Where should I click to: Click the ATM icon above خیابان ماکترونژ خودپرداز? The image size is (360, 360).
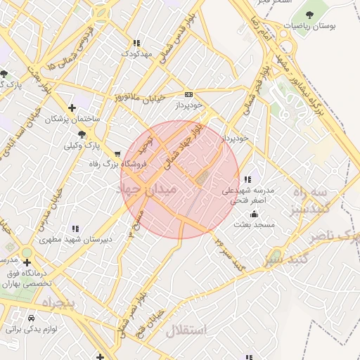(188, 94)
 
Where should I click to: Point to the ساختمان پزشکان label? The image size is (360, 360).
(72, 120)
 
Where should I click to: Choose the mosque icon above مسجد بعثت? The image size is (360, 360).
(254, 214)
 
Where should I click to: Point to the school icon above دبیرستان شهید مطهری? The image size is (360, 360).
(75, 229)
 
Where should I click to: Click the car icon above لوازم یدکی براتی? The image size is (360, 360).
(31, 318)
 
